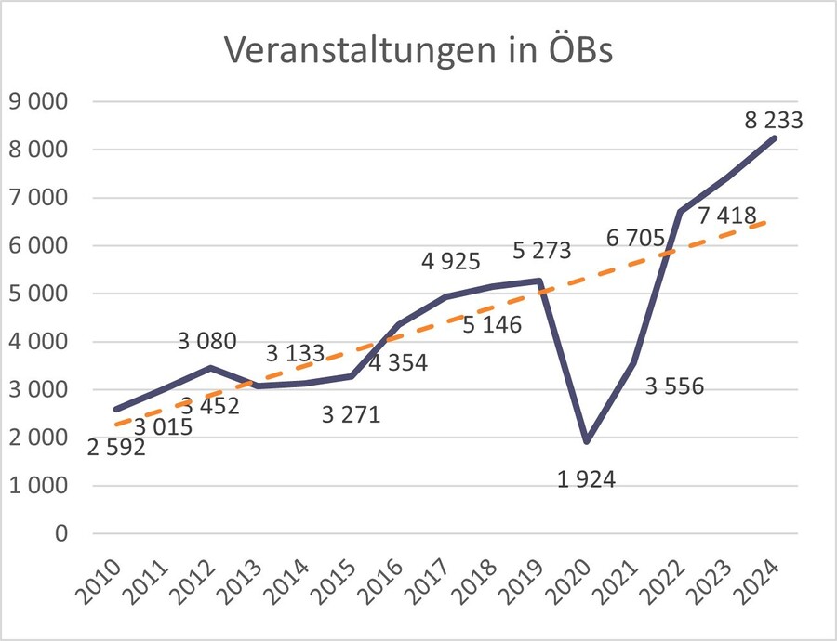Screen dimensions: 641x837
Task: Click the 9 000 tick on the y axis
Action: (x=38, y=101)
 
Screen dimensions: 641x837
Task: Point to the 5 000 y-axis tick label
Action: (x=38, y=294)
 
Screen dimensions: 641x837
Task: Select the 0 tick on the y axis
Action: (x=62, y=534)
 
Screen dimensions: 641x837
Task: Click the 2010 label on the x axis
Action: (x=103, y=581)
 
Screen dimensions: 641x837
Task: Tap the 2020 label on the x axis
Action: (x=573, y=581)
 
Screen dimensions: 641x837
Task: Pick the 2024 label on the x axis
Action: (x=761, y=581)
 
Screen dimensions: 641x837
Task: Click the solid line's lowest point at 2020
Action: (x=587, y=441)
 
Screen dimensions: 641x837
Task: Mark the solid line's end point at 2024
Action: (x=775, y=138)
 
